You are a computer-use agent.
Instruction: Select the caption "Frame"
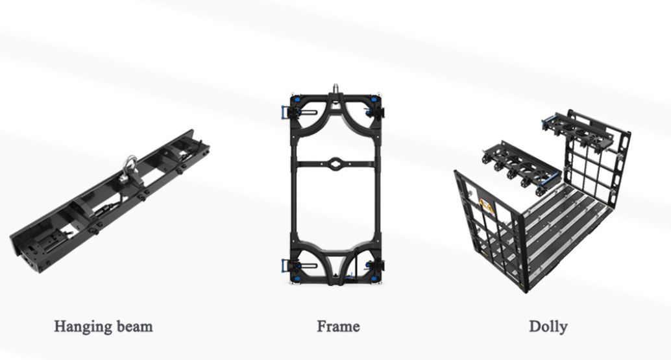338,326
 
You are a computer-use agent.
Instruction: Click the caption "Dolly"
548,327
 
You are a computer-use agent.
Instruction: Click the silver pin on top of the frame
336,89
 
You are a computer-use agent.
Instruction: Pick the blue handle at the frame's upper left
284,113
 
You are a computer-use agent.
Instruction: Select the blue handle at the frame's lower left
284,267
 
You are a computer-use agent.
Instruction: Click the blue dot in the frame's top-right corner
374,100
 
